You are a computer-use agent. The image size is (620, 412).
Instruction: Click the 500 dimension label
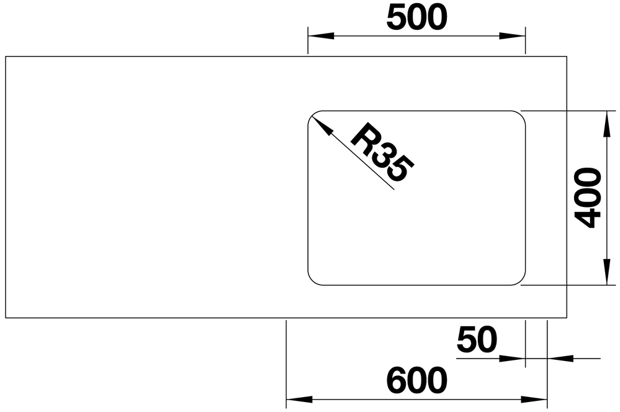417,18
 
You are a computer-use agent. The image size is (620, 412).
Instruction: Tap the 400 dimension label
588,198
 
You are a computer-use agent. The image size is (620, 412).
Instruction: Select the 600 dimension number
417,380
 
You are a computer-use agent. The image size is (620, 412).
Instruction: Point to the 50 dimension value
477,339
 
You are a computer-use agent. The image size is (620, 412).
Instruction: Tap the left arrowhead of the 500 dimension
321,36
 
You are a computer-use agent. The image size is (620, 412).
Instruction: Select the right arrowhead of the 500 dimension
513,36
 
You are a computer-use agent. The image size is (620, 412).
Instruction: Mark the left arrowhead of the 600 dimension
299,400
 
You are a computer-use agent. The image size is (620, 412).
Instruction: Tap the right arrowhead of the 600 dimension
534,400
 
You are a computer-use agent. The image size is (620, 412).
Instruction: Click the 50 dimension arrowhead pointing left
560,359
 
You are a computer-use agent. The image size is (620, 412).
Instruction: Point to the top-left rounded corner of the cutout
313,116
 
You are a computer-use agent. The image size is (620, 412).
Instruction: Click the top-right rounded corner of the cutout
521,116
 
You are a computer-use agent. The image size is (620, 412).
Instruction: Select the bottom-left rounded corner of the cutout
313,280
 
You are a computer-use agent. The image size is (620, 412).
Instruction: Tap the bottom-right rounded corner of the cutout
521,280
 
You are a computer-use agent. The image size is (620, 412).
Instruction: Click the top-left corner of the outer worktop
6,56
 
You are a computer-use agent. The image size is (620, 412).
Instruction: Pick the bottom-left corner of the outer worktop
6,318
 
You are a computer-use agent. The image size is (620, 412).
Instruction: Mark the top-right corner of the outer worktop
567,56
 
